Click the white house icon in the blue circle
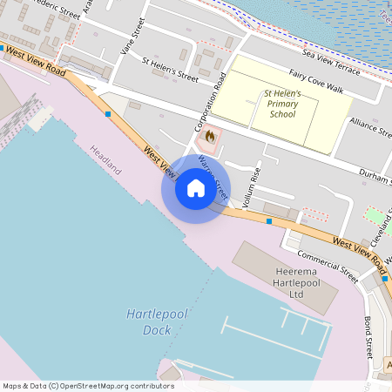195,188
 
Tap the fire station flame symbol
209,137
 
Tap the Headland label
105,161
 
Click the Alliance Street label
370,127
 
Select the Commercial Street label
327,265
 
